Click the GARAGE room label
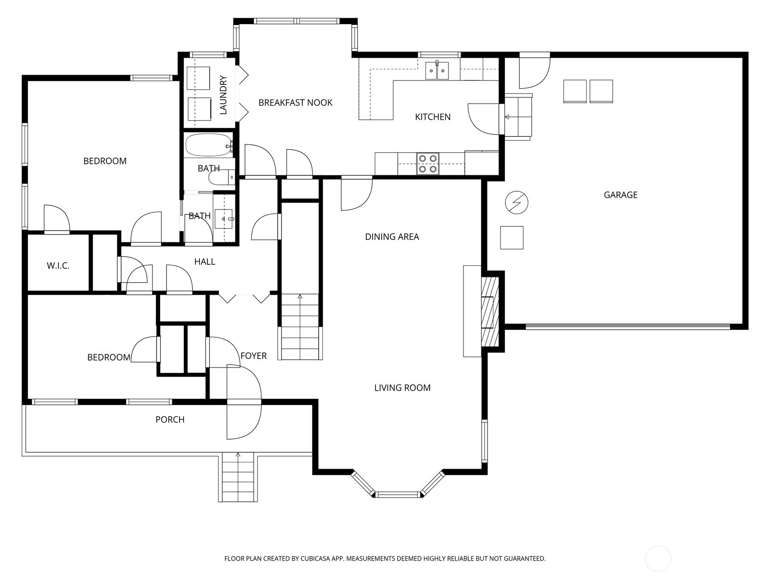coord(620,195)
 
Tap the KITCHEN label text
coord(433,117)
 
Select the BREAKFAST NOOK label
coord(295,103)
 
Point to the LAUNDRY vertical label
coord(223,95)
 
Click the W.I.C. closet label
coord(58,266)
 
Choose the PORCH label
coord(170,420)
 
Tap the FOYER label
coord(254,356)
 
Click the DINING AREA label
coord(392,237)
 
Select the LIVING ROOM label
coord(402,388)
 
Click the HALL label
coord(205,262)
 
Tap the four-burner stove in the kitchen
coord(428,164)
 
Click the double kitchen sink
coord(437,71)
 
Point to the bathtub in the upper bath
coord(208,145)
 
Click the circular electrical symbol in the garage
coord(516,202)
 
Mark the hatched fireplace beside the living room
coord(490,312)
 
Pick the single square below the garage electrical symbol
coord(512,238)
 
